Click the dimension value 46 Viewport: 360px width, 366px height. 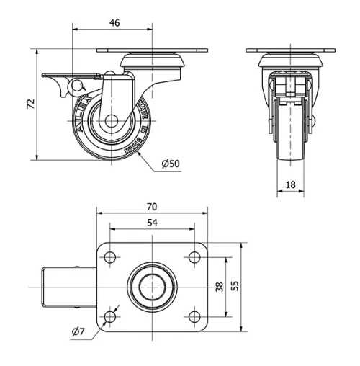point(114,23)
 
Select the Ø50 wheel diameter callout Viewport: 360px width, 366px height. point(171,164)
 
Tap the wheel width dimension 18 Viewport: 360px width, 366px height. point(291,185)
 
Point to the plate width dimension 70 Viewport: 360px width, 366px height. point(151,207)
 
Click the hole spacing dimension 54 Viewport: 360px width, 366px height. point(152,223)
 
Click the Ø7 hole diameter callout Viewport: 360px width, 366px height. point(79,331)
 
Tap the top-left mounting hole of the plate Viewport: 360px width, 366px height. point(110,258)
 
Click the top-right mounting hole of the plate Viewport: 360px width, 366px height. point(194,258)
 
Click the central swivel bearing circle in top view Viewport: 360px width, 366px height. point(152,286)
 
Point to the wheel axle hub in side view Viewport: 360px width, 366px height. point(113,122)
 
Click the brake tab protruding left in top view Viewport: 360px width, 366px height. point(65,287)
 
